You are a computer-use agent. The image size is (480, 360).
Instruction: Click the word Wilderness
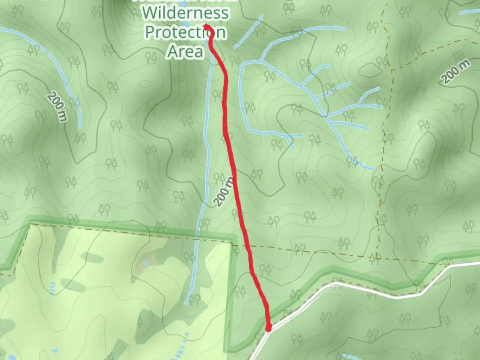point(186,13)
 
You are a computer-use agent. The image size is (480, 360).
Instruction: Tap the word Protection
point(186,32)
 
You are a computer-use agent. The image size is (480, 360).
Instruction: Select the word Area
point(185,51)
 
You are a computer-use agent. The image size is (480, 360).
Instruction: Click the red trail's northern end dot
point(207,26)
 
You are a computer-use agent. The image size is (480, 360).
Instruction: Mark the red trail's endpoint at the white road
point(268,329)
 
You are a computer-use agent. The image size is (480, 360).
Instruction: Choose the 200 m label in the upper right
point(456,71)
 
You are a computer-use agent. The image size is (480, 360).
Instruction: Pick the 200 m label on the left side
point(57,107)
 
